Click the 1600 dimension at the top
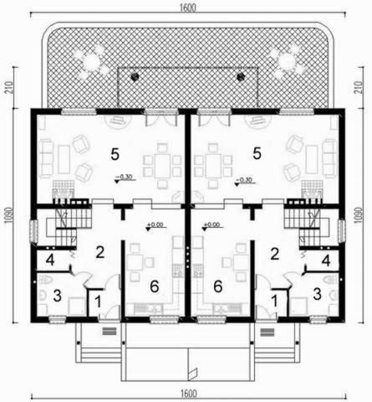pos(186,7)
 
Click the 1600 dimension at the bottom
pos(186,394)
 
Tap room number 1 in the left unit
pos(97,299)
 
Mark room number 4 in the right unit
pos(326,260)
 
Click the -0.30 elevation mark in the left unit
pos(125,178)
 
